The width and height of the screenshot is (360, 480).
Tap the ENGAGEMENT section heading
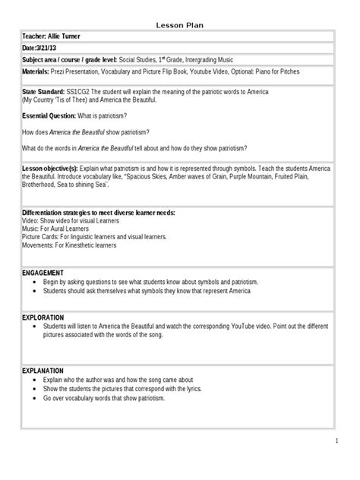point(43,272)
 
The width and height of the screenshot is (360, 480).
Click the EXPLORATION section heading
point(44,317)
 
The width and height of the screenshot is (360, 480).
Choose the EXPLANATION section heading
point(44,370)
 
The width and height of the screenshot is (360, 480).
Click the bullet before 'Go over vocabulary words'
point(37,398)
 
